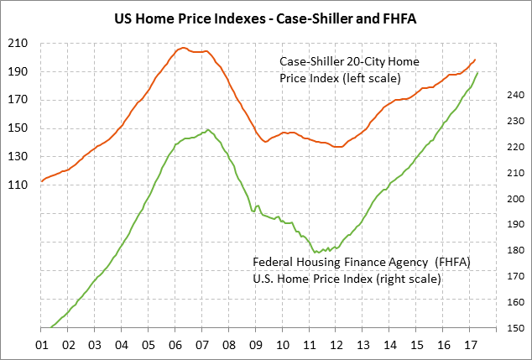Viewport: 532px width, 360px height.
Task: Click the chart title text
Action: pos(265,17)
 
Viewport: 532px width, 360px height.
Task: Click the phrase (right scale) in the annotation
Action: pos(406,278)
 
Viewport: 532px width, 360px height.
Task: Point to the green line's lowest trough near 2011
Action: pos(316,252)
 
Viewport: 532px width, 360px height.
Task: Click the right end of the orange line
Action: pos(475,60)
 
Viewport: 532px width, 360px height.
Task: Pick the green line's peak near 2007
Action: pos(207,130)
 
